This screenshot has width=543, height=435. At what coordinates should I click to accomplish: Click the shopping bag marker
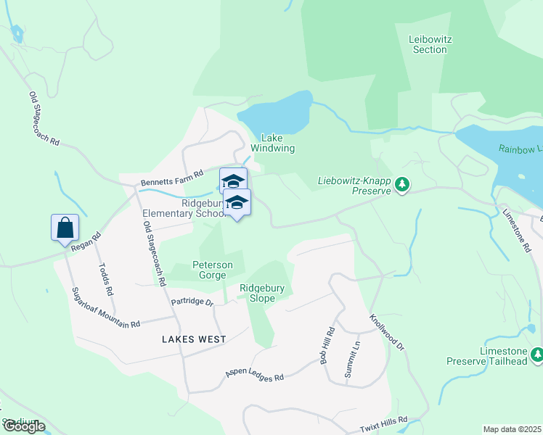pyautogui.click(x=65, y=228)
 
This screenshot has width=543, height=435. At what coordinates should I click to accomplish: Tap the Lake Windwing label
pyautogui.click(x=277, y=143)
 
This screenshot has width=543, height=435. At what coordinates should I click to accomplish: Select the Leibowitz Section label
pyautogui.click(x=429, y=44)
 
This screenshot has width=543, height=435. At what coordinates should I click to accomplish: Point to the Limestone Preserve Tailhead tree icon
pyautogui.click(x=536, y=355)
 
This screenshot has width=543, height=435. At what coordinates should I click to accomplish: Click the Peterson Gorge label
pyautogui.click(x=213, y=270)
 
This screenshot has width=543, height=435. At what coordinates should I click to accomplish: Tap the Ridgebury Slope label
pyautogui.click(x=262, y=293)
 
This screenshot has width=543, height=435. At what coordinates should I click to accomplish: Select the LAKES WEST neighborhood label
pyautogui.click(x=194, y=339)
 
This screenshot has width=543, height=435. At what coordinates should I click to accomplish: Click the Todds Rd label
pyautogui.click(x=105, y=278)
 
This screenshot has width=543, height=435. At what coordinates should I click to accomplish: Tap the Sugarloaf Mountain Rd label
pyautogui.click(x=105, y=308)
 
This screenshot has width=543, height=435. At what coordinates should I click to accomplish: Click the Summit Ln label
pyautogui.click(x=355, y=355)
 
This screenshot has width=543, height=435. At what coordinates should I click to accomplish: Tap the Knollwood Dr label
pyautogui.click(x=386, y=332)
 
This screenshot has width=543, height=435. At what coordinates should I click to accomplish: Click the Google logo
pyautogui.click(x=24, y=427)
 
